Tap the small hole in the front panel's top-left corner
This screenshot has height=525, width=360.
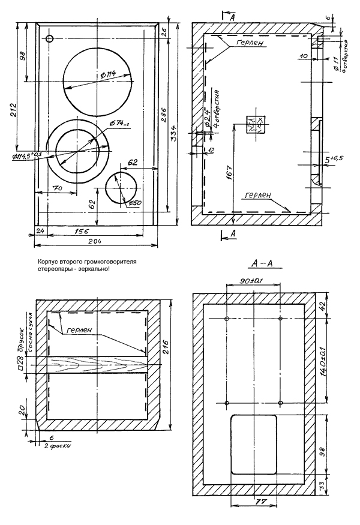pos(50,39)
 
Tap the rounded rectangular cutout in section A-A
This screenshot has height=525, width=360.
pos(253,444)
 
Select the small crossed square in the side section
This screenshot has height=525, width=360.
pos(254,122)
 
